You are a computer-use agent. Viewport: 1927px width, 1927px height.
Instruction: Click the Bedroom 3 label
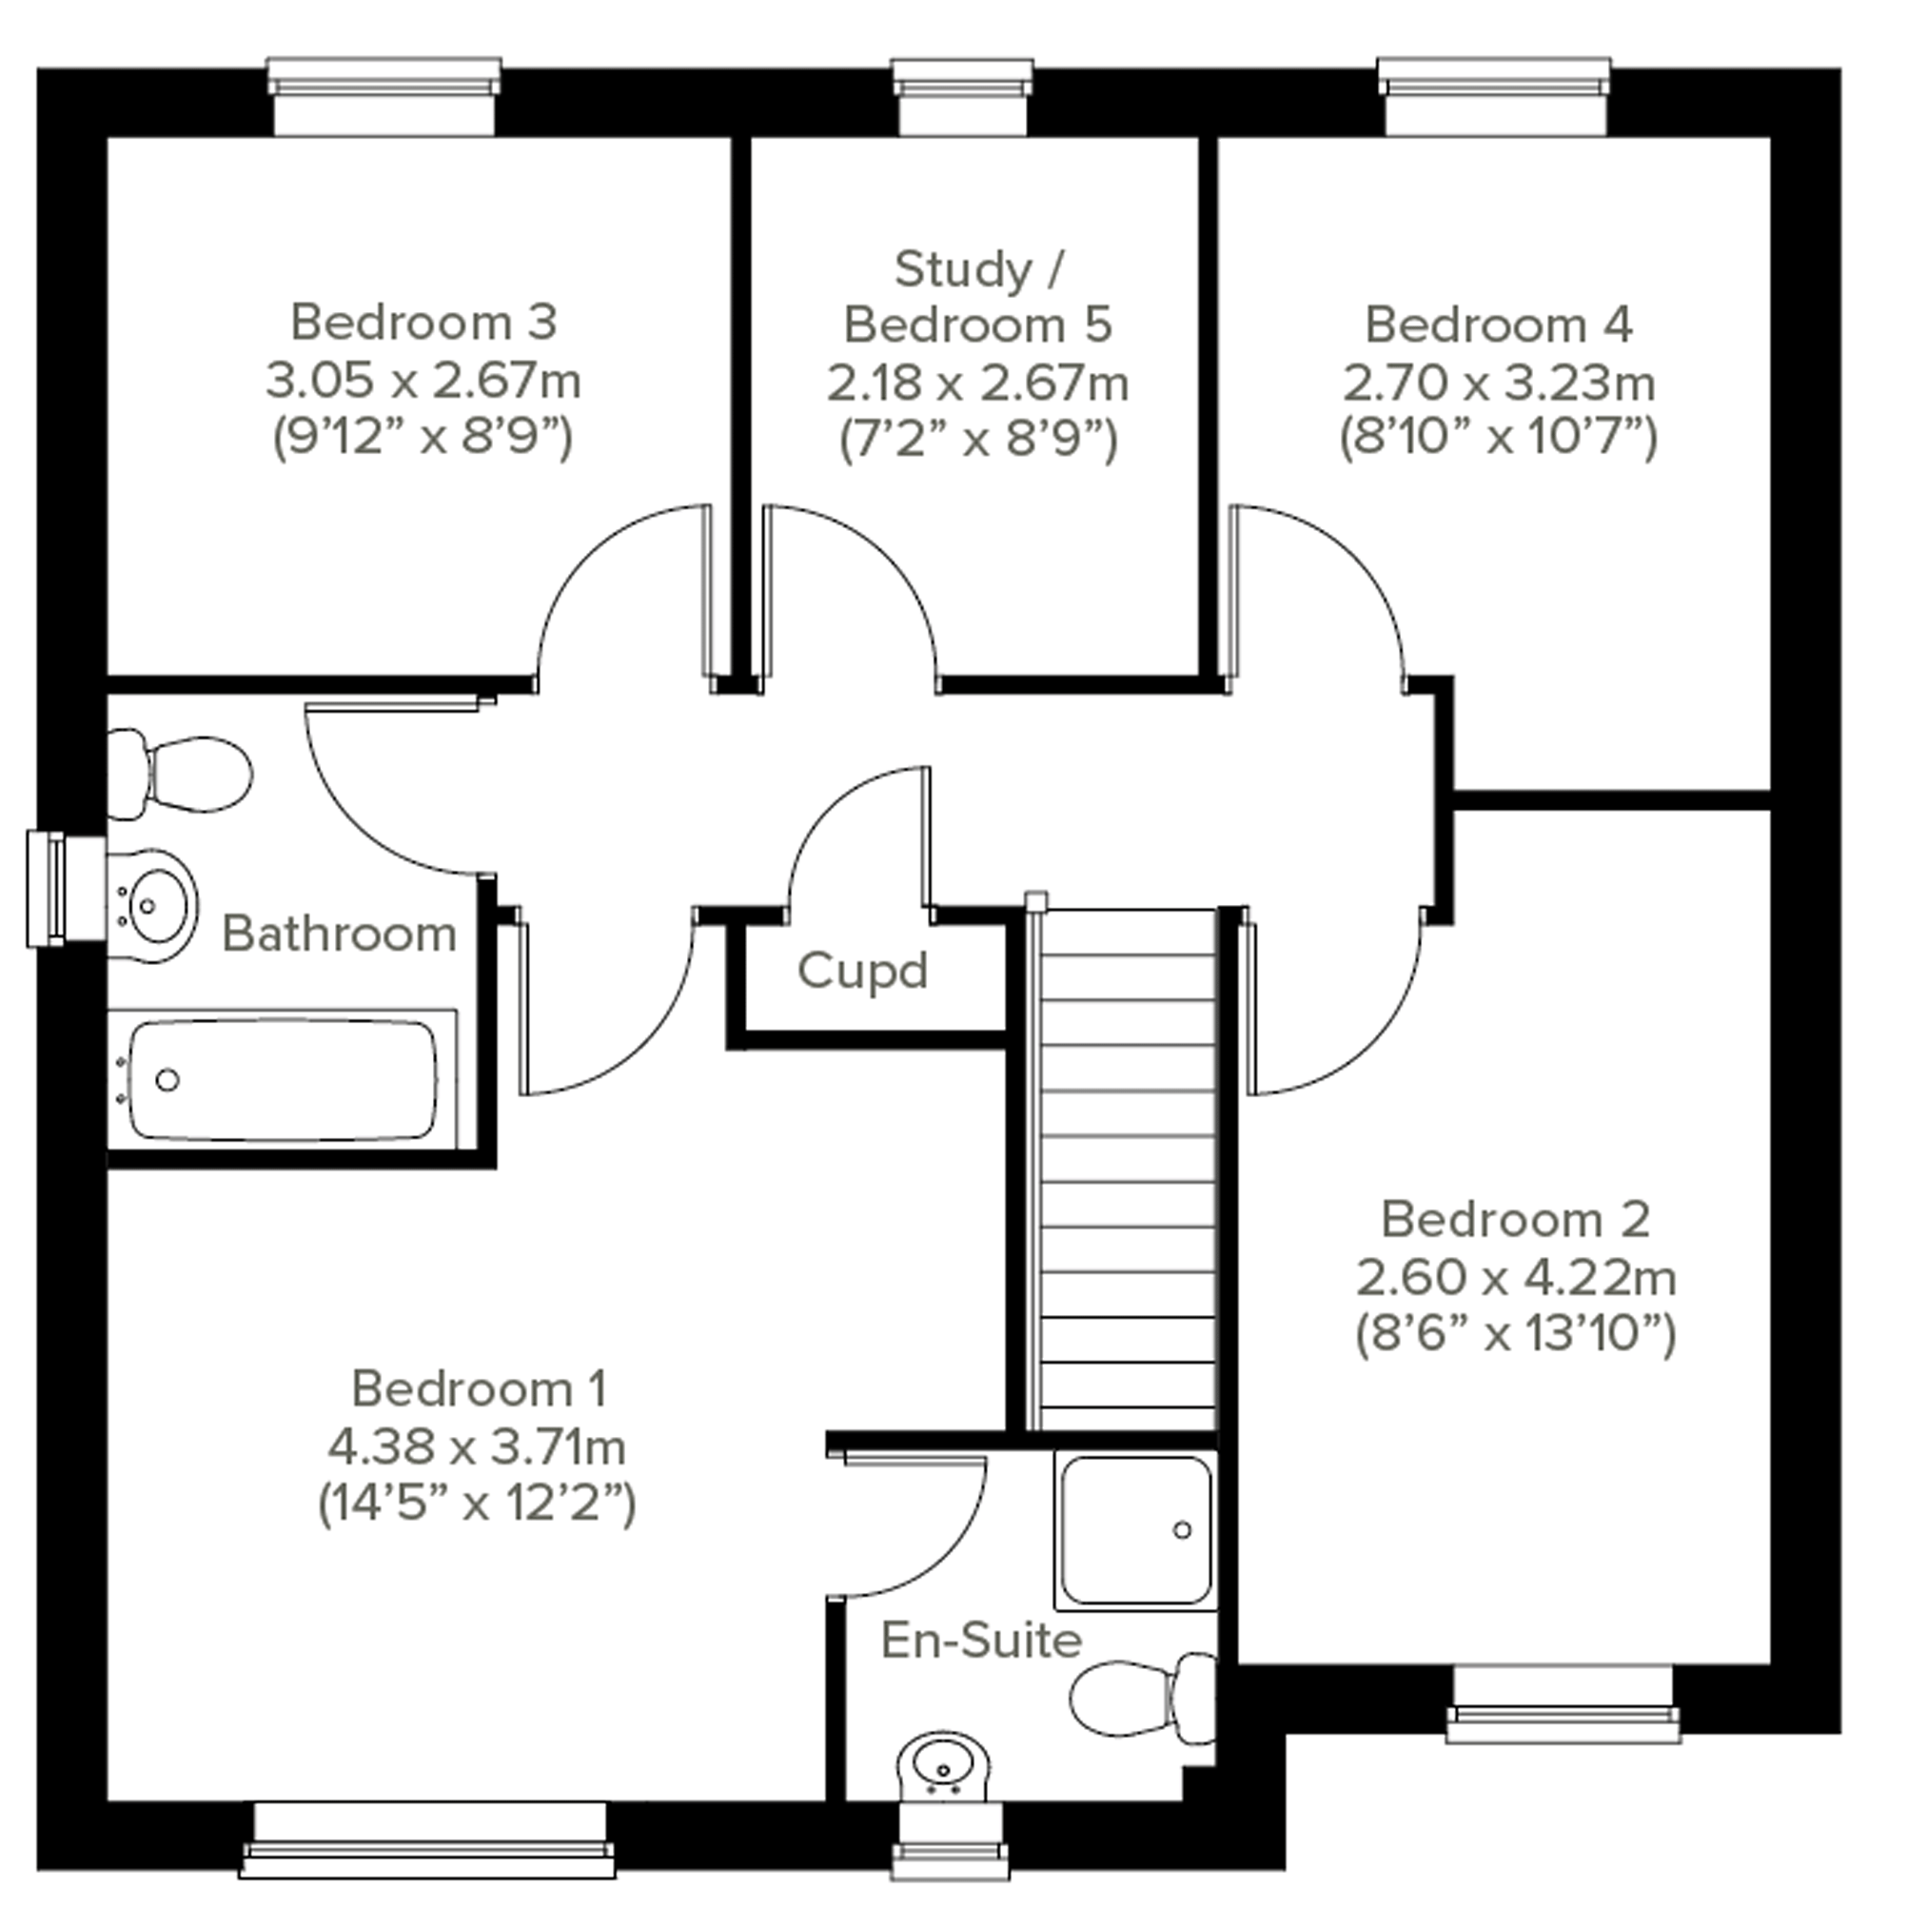[x=423, y=323]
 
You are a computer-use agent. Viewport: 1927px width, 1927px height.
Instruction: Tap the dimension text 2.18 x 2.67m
[x=977, y=383]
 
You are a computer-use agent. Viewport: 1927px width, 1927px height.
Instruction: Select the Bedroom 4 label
[x=1498, y=325]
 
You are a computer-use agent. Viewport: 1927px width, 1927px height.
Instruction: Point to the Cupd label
[x=863, y=970]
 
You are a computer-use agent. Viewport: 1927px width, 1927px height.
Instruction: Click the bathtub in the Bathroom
[x=283, y=1079]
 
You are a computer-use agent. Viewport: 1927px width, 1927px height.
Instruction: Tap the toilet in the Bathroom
[x=180, y=774]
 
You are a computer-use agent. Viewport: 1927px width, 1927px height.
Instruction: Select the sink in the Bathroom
[x=151, y=906]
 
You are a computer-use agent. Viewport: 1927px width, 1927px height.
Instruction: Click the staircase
[x=1127, y=1170]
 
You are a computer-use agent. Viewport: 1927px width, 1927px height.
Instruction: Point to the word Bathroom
[x=339, y=934]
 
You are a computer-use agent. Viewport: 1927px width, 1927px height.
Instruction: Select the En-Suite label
[x=981, y=1641]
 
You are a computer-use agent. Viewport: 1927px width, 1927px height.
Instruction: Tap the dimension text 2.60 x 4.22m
[x=1516, y=1277]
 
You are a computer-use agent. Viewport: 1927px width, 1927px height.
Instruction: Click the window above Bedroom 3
[x=384, y=96]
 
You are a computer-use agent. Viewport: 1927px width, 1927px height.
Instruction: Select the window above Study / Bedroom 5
[x=962, y=96]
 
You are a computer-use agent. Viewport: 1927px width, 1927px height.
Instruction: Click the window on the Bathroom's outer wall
[x=66, y=888]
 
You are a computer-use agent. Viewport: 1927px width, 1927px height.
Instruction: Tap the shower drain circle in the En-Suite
[x=1182, y=1529]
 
